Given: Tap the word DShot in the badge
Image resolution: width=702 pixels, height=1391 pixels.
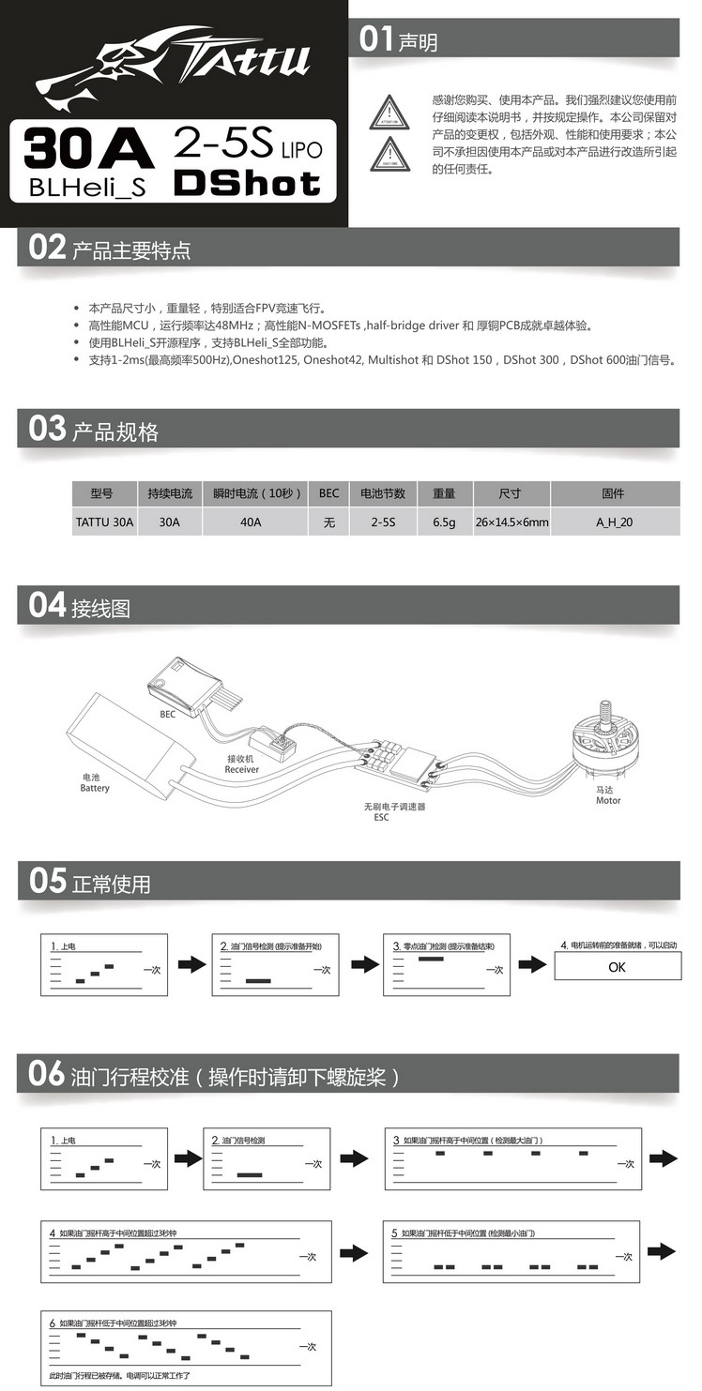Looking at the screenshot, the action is (247, 182).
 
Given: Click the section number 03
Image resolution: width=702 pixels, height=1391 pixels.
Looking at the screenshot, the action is (47, 430).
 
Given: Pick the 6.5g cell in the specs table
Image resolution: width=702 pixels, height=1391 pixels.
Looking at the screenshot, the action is (444, 522).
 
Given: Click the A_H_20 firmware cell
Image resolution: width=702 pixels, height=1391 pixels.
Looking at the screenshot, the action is (614, 522).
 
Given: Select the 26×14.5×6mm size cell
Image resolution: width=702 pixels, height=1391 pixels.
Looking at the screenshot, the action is (511, 522).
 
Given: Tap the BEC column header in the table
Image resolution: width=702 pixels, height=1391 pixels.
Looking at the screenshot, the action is (328, 493).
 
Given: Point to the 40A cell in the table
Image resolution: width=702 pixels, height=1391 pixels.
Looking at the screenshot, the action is (251, 522).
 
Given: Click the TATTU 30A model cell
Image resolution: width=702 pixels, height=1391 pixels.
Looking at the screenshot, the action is (104, 522).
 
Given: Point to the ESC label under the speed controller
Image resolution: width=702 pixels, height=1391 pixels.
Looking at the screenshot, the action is (381, 817).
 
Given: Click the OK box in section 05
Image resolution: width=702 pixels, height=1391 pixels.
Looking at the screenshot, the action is (617, 967).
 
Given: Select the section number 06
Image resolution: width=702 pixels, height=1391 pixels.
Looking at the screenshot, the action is (47, 1074).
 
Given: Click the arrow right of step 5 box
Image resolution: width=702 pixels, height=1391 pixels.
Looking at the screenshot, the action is (662, 1250).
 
